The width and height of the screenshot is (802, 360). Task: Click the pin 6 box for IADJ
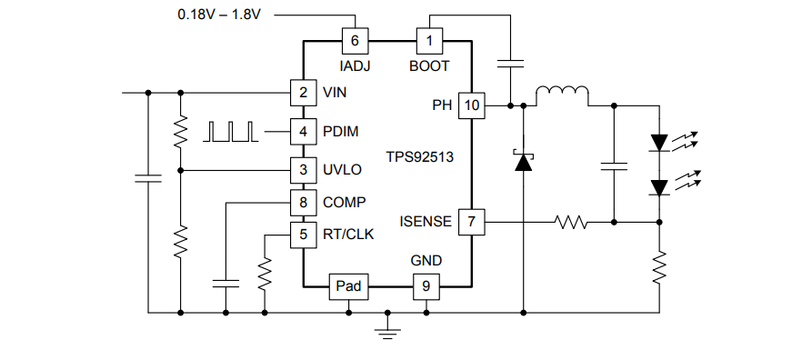coord(354,40)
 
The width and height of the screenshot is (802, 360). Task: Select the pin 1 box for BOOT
coord(428,40)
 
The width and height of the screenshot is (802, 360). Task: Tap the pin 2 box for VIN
coord(303,92)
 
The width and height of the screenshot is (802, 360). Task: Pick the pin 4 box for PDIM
coord(303,131)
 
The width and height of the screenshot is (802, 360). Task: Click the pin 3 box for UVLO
coord(303,169)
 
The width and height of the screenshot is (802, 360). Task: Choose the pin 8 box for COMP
coord(303,202)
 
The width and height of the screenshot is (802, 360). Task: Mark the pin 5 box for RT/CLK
coord(303,234)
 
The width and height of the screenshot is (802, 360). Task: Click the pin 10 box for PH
coord(471,105)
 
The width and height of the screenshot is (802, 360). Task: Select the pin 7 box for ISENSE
coord(471,221)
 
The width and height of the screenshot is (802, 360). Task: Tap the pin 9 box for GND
coord(426,286)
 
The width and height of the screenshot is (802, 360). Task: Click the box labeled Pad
coord(348,286)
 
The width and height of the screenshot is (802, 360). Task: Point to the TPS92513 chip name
coord(419,156)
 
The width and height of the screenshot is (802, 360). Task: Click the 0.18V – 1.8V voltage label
coord(218,15)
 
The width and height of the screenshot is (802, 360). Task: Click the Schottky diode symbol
coord(523,162)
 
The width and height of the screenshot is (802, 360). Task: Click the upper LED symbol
coord(659,142)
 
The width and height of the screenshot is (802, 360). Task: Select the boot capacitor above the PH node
coord(511,64)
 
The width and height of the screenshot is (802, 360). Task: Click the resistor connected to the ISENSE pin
coord(573,221)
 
